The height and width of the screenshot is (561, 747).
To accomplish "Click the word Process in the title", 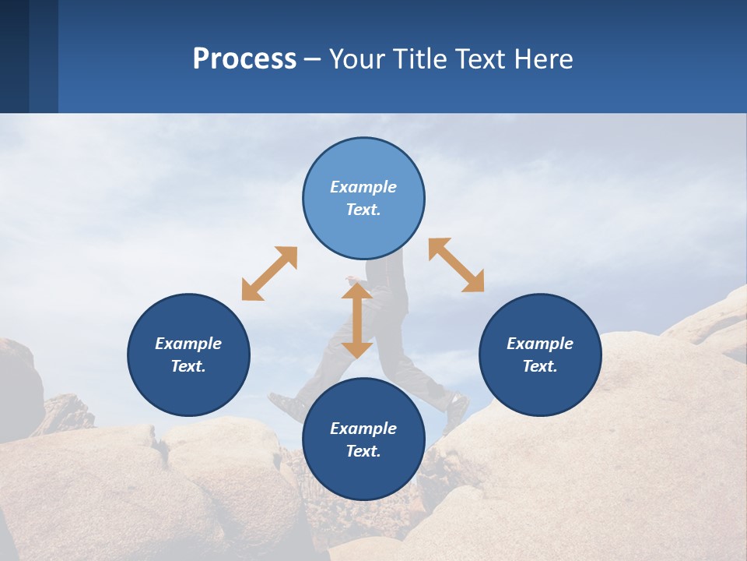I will click(x=244, y=59).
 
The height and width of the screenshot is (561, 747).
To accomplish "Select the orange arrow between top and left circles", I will click(x=269, y=273).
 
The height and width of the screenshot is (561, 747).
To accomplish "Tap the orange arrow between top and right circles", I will click(x=456, y=265).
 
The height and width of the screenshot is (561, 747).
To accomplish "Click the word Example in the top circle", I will click(x=363, y=187).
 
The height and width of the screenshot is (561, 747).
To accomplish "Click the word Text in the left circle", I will click(x=188, y=366).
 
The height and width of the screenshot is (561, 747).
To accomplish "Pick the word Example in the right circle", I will click(x=540, y=344).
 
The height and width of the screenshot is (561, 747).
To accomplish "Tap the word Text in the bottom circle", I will click(x=363, y=451).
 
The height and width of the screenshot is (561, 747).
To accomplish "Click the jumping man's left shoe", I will click(x=286, y=406).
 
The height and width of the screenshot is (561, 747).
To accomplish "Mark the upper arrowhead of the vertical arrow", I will click(x=356, y=291).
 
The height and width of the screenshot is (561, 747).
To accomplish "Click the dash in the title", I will click(x=312, y=60).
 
